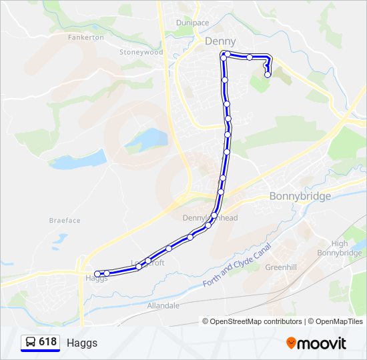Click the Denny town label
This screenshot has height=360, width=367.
coord(220,41)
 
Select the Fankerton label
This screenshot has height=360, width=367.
coord(86,37)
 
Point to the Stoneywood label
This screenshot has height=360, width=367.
coord(141,52)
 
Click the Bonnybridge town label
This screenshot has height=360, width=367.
coord(300,196)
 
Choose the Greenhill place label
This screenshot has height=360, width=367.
coord(281,267)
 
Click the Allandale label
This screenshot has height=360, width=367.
coord(163,305)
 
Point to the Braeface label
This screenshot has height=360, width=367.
coord(65,220)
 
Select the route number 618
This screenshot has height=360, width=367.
coord(47,342)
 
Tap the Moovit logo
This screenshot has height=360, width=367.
coord(316,343)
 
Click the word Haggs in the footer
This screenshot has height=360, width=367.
coord(82,343)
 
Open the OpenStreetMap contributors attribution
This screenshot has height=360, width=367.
coord(253,321)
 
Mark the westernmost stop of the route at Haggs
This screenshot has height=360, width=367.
coord(97,273)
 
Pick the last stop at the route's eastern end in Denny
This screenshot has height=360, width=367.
coord(268,75)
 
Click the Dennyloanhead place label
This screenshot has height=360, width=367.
coord(211,218)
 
